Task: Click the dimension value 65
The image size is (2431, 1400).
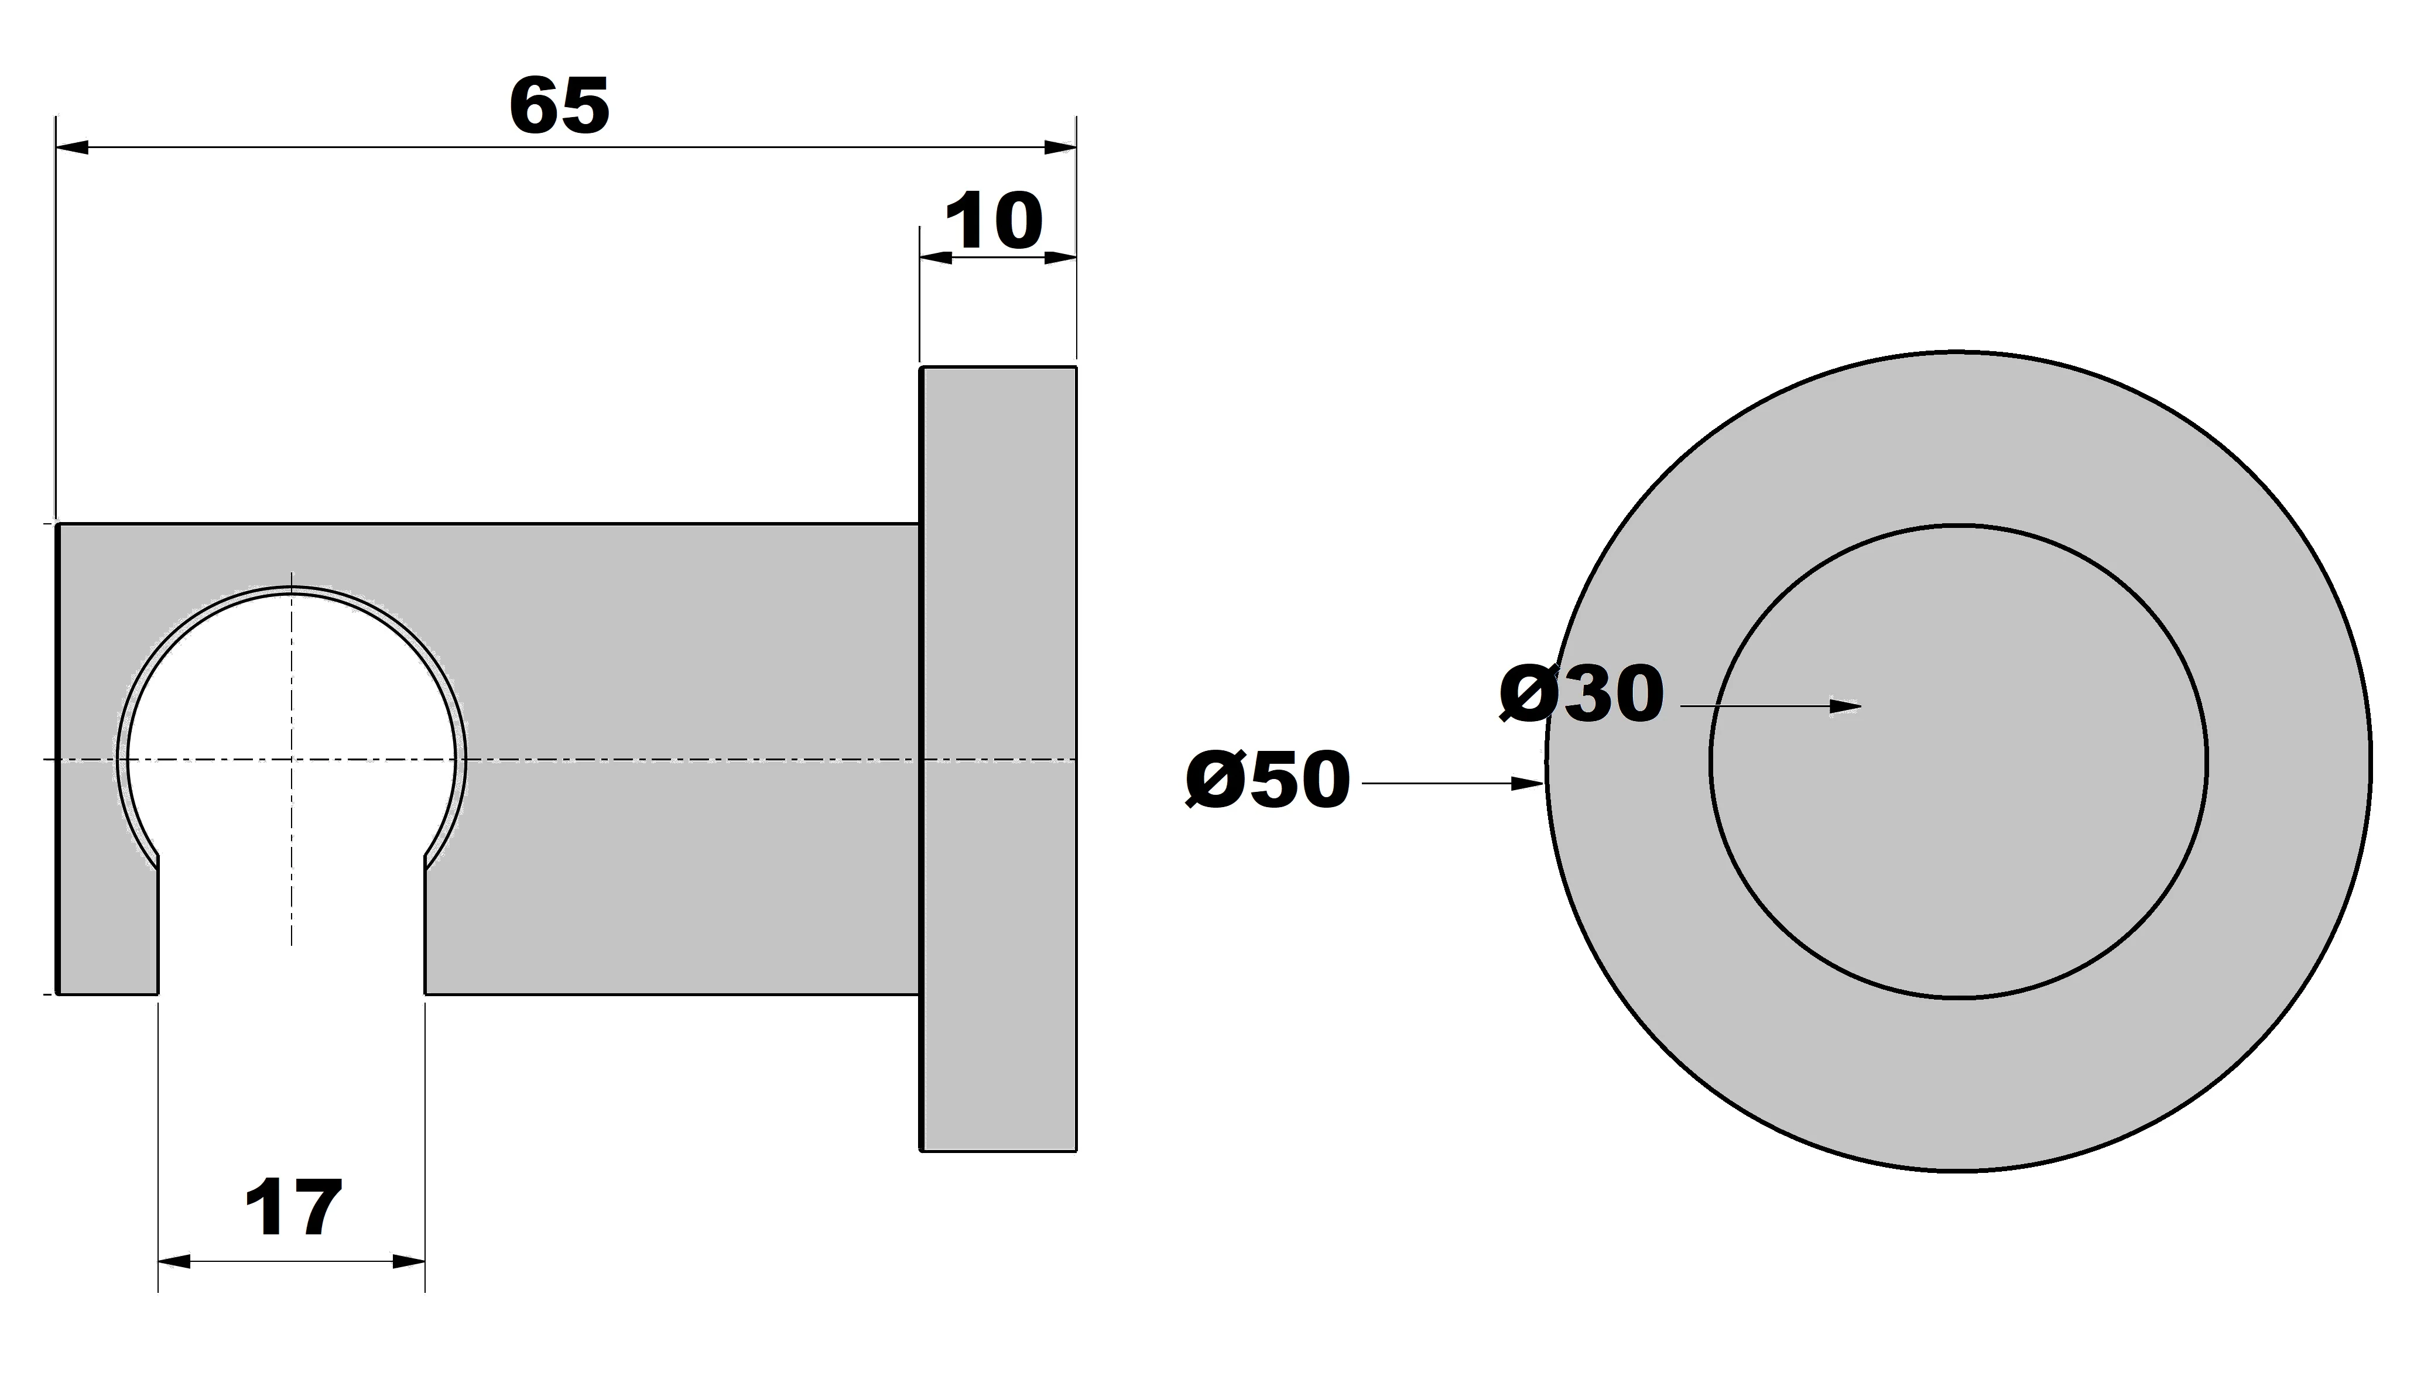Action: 560,106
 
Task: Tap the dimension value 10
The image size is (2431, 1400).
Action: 994,222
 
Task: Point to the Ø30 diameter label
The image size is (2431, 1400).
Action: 1582,694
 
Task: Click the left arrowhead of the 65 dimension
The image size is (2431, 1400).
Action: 73,147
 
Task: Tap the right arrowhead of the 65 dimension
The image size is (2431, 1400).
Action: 1060,147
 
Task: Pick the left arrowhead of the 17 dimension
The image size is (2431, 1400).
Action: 174,1261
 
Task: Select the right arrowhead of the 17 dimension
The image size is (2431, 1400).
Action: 409,1261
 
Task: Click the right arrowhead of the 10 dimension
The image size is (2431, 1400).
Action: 1060,257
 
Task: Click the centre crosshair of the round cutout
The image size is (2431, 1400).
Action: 292,760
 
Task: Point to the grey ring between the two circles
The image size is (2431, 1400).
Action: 1958,1086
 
